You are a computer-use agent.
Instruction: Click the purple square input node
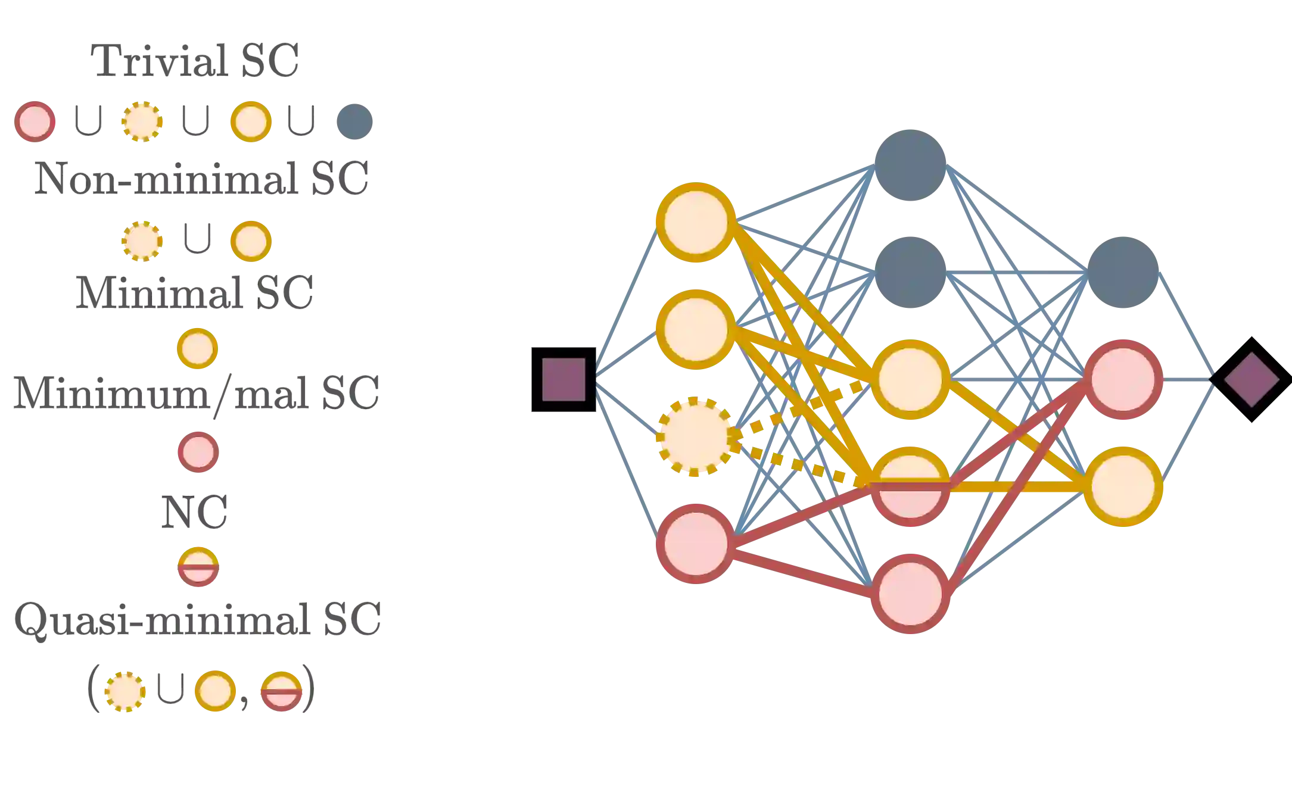564,379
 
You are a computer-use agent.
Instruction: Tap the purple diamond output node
1251,379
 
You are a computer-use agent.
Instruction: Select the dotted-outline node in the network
694,437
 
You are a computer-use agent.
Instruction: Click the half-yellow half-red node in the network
910,486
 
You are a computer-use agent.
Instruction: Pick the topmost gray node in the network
910,165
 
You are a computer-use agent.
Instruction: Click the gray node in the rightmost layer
1123,272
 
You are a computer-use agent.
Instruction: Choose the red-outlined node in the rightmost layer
1123,379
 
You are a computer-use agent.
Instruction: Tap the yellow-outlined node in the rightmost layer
1123,486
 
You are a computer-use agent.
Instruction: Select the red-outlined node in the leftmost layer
695,543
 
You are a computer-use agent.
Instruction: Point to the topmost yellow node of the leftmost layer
695,222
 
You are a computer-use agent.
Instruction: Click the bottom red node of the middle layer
910,594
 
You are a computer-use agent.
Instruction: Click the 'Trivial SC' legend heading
196,60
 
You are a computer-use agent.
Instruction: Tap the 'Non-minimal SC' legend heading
203,177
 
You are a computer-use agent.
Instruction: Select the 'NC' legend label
194,511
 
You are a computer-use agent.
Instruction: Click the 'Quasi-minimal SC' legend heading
197,620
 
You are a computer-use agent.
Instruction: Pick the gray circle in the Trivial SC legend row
354,121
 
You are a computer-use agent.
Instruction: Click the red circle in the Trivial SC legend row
35,121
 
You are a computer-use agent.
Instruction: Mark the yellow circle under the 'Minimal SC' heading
197,348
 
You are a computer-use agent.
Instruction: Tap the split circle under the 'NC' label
198,566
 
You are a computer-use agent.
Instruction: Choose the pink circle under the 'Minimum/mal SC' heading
198,453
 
